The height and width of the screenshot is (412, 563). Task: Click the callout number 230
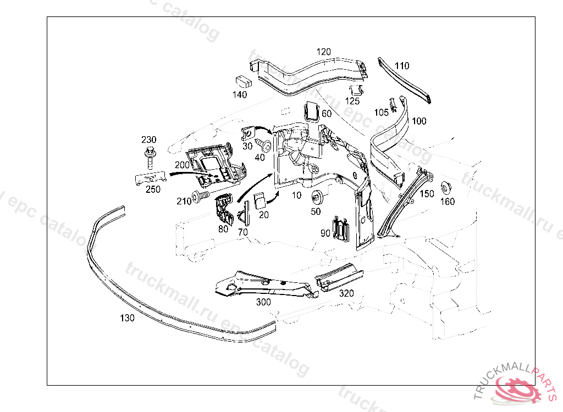pos(149,140)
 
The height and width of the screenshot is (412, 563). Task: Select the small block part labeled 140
pos(243,81)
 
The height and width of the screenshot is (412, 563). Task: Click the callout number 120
pos(323,52)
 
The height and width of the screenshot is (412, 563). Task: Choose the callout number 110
pos(402,66)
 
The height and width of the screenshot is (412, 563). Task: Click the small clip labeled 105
pos(393,103)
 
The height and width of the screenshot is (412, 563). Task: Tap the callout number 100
pos(419,121)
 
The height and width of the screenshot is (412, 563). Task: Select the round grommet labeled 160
pos(446,186)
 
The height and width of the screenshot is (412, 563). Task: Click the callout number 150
pos(427,194)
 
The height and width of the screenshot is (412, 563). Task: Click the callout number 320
pos(346,293)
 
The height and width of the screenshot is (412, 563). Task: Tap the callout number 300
pos(263,302)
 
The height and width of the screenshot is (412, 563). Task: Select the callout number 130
pos(127,317)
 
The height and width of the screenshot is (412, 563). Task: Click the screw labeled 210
pos(200,198)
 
